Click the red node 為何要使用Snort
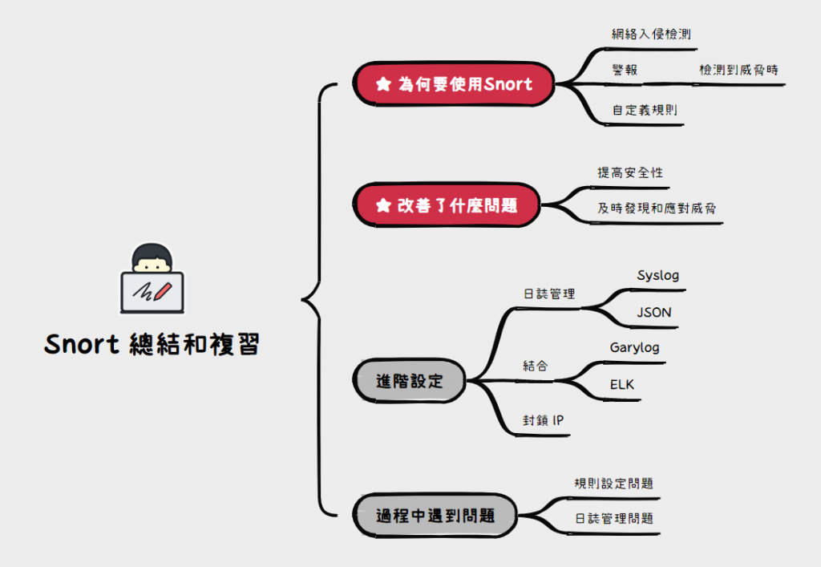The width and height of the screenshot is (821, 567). [x=454, y=83]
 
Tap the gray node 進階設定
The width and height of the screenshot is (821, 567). [x=410, y=380]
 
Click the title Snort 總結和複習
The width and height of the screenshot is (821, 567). [x=152, y=344]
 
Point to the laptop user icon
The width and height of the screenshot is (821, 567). [x=152, y=280]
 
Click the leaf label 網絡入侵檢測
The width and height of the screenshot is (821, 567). [x=651, y=34]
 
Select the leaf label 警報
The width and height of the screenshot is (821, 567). [x=625, y=70]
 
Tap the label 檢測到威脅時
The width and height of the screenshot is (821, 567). [x=738, y=70]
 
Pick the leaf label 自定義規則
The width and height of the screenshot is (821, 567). [x=644, y=110]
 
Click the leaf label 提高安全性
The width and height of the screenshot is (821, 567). [x=630, y=172]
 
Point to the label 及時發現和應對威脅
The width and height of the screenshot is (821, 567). [x=657, y=209]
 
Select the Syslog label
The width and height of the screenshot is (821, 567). [x=657, y=275]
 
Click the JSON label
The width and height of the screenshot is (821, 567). [x=654, y=313]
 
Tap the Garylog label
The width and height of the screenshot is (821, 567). [x=634, y=348]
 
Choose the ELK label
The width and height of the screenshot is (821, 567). [x=622, y=385]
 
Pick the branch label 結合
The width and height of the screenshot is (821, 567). [x=536, y=366]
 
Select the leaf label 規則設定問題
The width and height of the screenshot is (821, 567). [x=613, y=484]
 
